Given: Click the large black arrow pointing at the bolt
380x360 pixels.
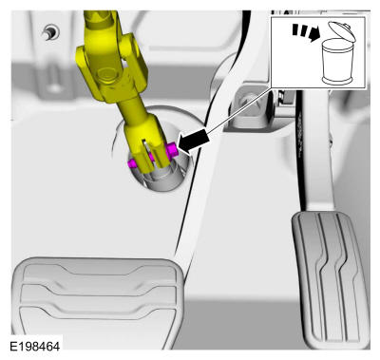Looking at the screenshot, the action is tap(194, 142).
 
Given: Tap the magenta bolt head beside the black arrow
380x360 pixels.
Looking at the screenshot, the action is tap(171, 150).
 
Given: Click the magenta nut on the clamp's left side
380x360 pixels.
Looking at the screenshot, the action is tap(132, 163).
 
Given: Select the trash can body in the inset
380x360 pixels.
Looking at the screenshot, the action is tap(336, 62).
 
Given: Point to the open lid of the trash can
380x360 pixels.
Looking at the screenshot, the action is tap(342, 30).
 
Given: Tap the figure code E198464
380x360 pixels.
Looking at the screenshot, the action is tap(35, 346).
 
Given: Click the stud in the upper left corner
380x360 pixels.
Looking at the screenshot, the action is tap(50, 31).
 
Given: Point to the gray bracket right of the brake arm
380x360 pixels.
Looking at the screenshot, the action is tap(250, 107).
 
